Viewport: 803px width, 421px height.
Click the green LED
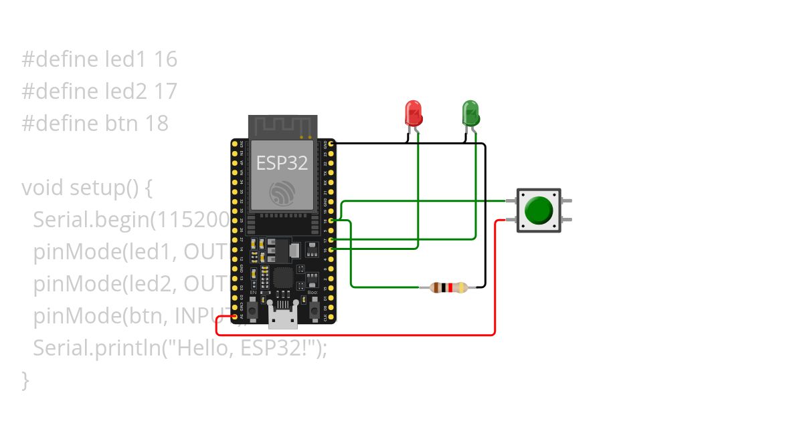coord(470,113)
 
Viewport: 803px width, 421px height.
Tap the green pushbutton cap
coord(539,210)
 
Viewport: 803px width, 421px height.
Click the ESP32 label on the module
coord(282,162)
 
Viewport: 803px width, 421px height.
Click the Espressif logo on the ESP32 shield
coord(282,193)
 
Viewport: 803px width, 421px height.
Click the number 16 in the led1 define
coord(165,60)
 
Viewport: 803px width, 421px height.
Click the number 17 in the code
coord(165,92)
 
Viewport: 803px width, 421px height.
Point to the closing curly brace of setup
coord(25,380)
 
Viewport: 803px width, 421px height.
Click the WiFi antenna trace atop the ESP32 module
coord(281,126)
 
